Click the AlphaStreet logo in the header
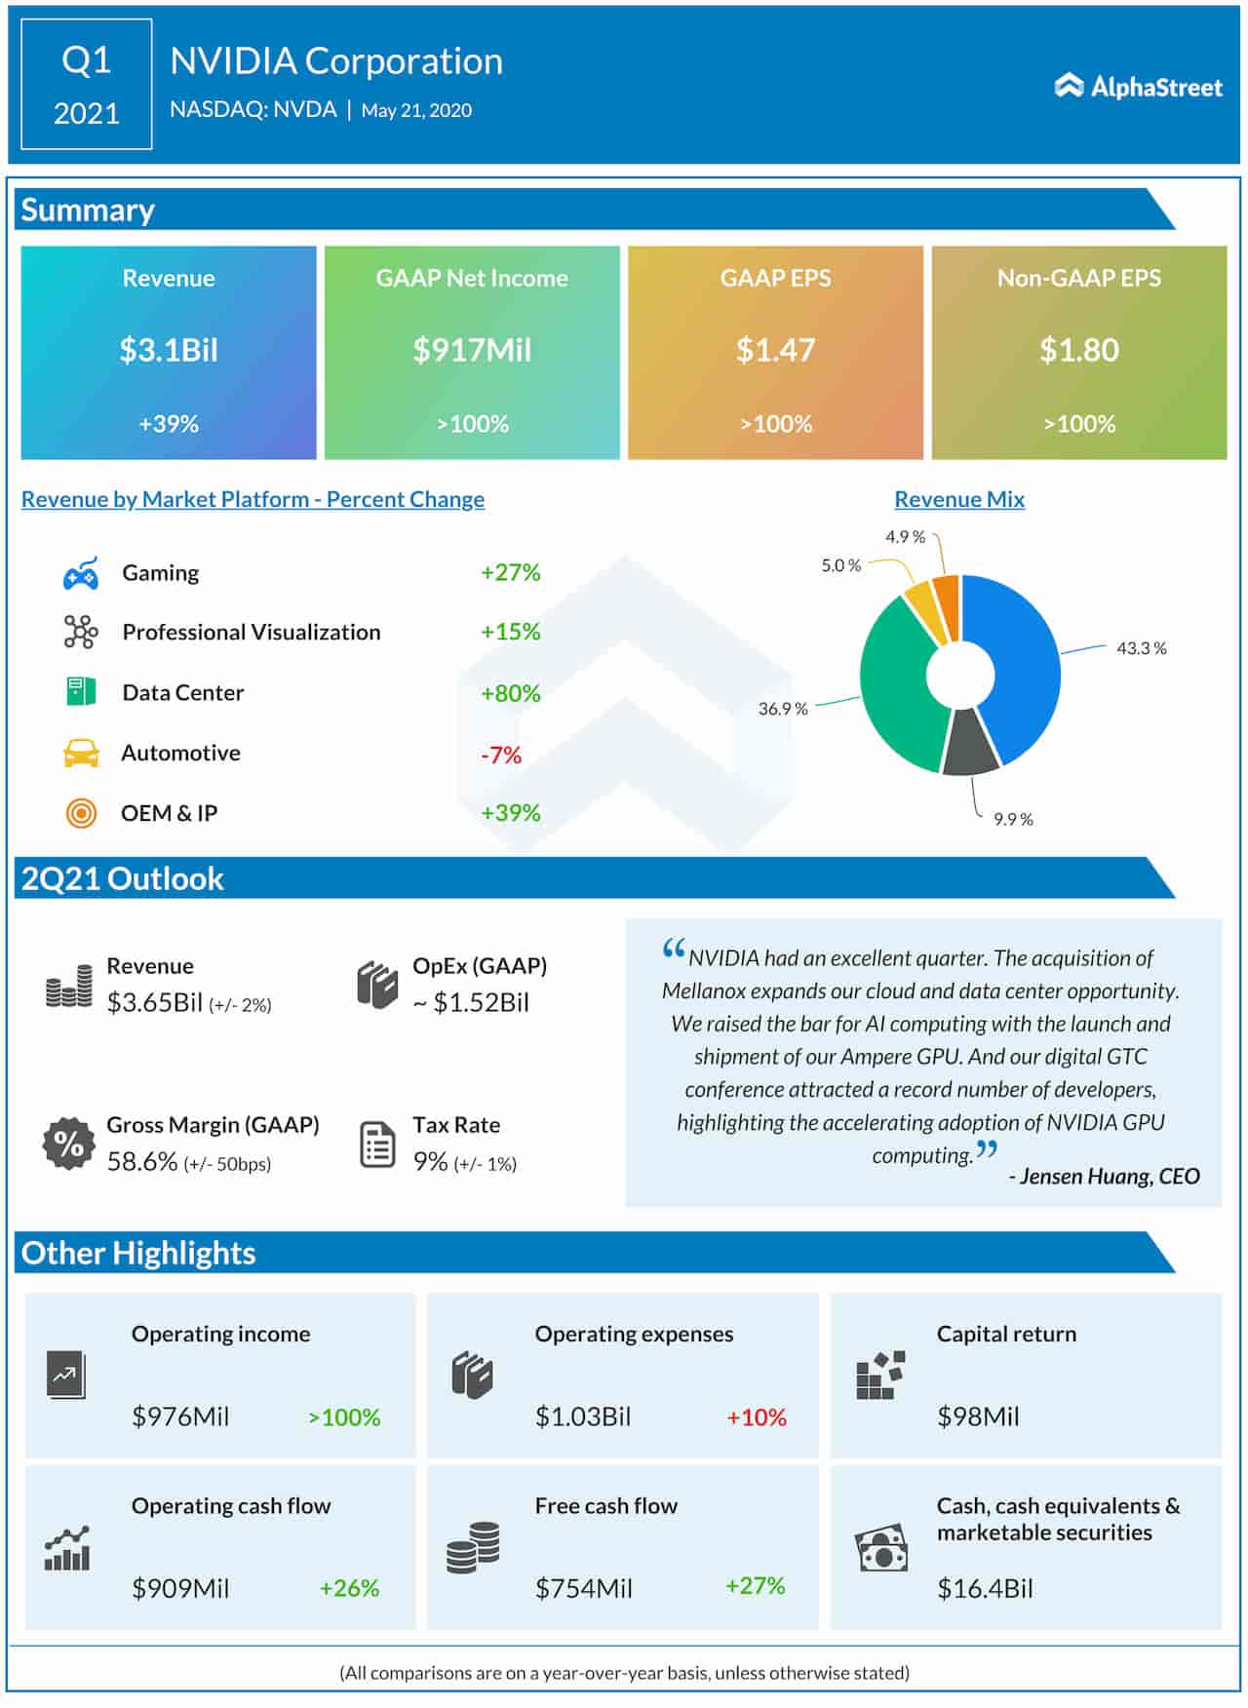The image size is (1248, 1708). coord(1138,87)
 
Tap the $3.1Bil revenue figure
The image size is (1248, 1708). coord(169,350)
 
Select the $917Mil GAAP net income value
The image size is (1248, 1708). coord(472,350)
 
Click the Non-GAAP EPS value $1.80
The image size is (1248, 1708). coord(1078,350)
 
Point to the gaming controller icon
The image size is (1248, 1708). coord(81,574)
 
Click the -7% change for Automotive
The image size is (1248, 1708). coord(501,755)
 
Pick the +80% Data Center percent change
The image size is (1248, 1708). coord(510,693)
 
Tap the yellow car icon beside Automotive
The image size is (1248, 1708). coord(81,753)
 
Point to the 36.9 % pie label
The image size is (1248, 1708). coord(783,709)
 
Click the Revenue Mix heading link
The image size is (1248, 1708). coord(959,499)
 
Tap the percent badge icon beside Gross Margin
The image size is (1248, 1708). coord(68,1143)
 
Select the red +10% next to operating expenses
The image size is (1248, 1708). coord(757,1417)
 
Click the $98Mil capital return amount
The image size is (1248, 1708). coord(978,1417)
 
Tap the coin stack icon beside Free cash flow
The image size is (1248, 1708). coord(473,1547)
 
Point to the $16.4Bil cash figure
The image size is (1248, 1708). coord(985,1588)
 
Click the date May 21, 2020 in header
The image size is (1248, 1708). coord(416,110)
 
